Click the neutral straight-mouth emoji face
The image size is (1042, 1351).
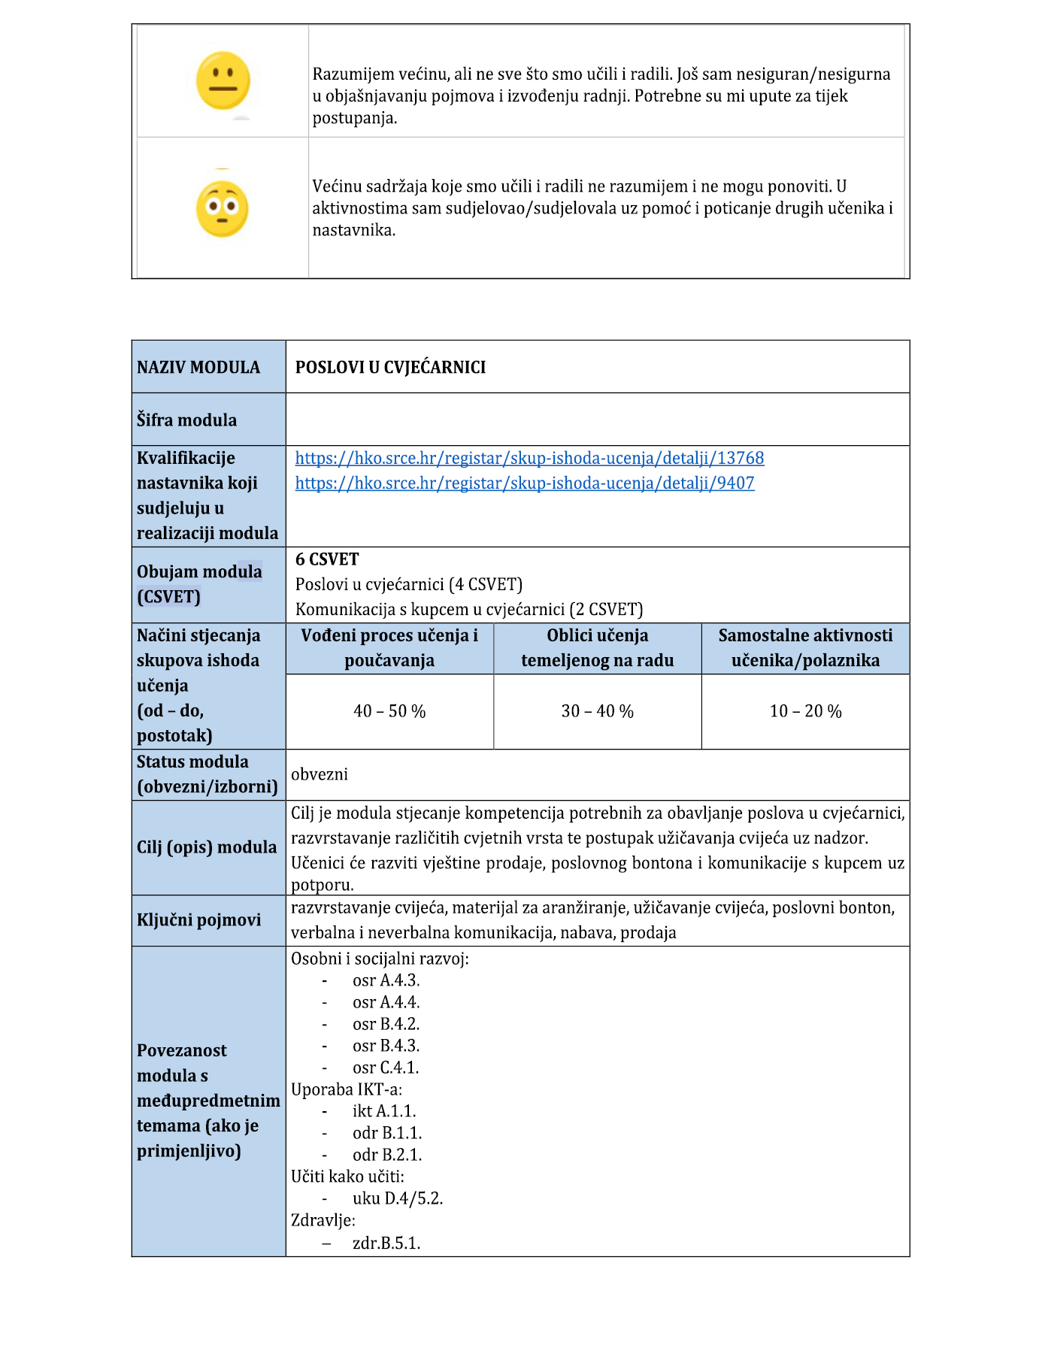[x=223, y=80]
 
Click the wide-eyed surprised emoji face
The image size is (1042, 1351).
[x=222, y=209]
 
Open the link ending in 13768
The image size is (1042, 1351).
[x=529, y=458]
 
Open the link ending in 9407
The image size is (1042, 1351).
[x=524, y=483]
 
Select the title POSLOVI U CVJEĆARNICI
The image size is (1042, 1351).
[x=390, y=367]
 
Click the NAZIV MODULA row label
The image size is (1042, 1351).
[x=198, y=367]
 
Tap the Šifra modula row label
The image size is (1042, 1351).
[x=186, y=420]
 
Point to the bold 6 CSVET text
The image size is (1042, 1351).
[x=327, y=559]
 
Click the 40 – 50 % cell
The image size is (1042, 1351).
[x=389, y=711]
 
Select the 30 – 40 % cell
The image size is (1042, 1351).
[x=597, y=711]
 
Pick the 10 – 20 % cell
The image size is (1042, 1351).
[x=805, y=711]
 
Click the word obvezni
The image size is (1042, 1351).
[x=320, y=774]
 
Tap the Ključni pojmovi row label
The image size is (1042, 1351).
[x=198, y=919]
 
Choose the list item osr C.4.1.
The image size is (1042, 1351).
[x=386, y=1068]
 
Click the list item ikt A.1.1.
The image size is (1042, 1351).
[x=384, y=1111]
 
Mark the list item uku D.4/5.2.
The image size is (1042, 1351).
[x=398, y=1198]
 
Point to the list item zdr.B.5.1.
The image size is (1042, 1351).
[x=386, y=1243]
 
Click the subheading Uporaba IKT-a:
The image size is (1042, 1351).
[x=347, y=1089]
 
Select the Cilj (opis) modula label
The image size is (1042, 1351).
[x=207, y=847]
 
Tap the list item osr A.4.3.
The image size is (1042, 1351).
[x=386, y=980]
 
